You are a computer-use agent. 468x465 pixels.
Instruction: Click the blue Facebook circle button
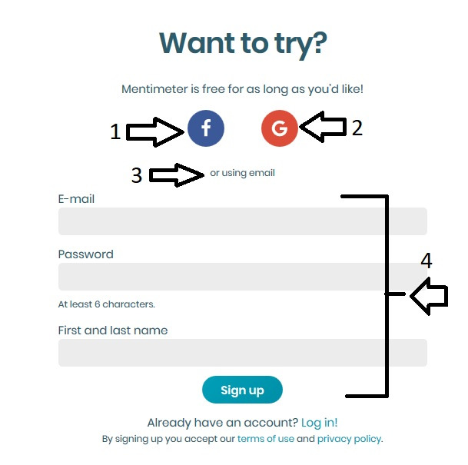[x=206, y=128]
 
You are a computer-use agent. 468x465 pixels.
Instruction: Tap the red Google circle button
[x=280, y=128]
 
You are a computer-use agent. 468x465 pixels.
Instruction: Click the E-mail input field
[x=243, y=221]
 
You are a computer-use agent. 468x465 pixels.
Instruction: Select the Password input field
[x=243, y=277]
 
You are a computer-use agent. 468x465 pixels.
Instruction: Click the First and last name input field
[x=243, y=353]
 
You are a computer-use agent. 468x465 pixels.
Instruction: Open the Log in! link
[x=320, y=423]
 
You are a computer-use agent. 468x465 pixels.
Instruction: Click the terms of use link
[x=266, y=439]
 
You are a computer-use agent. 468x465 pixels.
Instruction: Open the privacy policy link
[x=349, y=439]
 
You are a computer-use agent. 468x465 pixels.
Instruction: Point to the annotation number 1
[x=115, y=131]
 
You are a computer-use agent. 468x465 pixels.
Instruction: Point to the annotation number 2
[x=357, y=128]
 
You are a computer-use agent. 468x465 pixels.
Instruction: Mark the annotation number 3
[x=137, y=175]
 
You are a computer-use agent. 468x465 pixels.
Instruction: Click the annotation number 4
[x=427, y=261]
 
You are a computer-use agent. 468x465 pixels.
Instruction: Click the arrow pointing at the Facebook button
[x=155, y=132]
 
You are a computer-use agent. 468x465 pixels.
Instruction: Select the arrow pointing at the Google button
[x=323, y=127]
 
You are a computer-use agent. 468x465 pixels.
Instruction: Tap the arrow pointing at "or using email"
[x=177, y=175]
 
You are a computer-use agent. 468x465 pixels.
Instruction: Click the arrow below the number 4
[x=430, y=296]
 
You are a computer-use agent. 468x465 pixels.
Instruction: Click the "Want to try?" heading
[x=243, y=44]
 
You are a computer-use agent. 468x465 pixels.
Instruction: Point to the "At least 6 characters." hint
[x=107, y=304]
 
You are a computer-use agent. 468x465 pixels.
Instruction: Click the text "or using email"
[x=242, y=173]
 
